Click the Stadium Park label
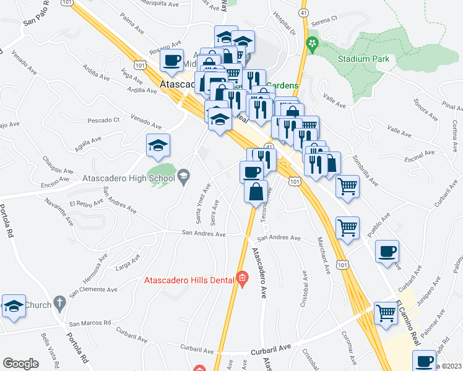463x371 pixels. point(364,59)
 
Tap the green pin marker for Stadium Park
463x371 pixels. point(312,44)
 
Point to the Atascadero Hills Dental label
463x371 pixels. point(189,279)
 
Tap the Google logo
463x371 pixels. point(20,363)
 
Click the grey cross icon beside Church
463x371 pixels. point(60,304)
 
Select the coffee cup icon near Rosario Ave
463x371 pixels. point(172,61)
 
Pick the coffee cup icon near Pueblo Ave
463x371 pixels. point(387,252)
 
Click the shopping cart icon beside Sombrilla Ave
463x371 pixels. point(348,185)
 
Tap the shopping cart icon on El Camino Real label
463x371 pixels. point(386,313)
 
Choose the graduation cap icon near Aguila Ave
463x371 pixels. point(158,145)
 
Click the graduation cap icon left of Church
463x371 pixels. point(14,306)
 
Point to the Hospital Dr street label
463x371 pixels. point(285,23)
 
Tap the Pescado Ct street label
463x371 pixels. point(103,119)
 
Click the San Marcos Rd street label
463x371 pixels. point(90,323)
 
